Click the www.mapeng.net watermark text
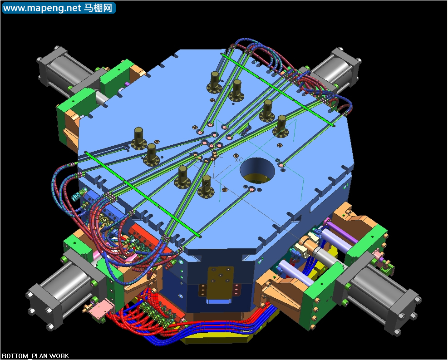pos(43,8)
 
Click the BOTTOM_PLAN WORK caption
pos(35,356)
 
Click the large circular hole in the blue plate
pos(257,171)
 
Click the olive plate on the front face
pos(220,282)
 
